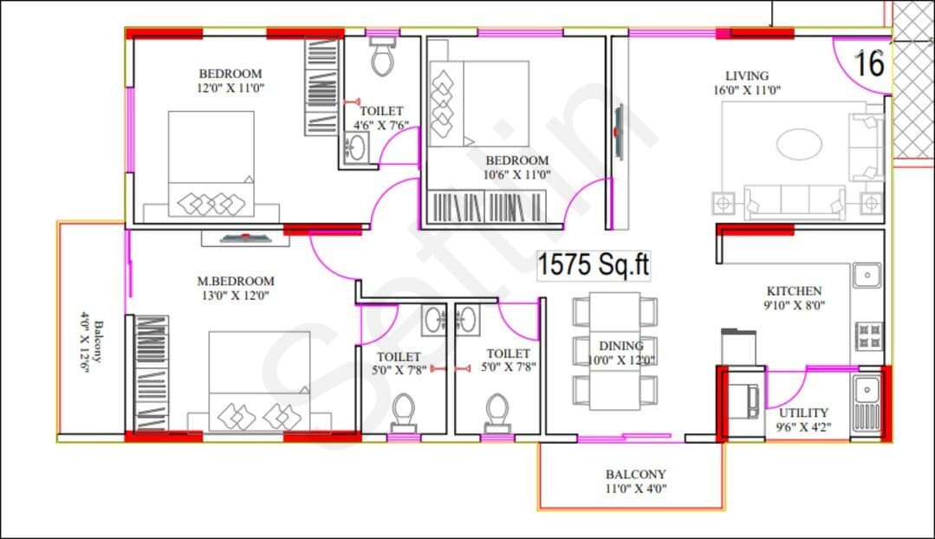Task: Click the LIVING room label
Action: tap(747, 75)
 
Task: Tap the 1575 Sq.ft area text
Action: tap(594, 264)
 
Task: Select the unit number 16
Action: tap(869, 64)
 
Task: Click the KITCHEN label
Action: tap(794, 291)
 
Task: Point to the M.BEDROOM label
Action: tap(236, 281)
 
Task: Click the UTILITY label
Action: tap(803, 412)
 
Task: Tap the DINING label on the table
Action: tap(620, 346)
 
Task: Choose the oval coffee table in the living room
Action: tap(799, 144)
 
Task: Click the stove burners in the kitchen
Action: tap(869, 335)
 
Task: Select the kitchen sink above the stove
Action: tap(867, 275)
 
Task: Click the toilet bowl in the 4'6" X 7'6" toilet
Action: tap(381, 56)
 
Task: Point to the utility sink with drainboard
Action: tap(867, 403)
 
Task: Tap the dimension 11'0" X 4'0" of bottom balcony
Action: tap(636, 489)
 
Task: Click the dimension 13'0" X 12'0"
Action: tap(236, 295)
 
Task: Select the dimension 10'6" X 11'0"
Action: tap(516, 175)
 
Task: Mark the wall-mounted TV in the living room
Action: tap(620, 132)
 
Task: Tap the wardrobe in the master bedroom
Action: tap(151, 373)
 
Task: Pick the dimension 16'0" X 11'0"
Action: tap(747, 90)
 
